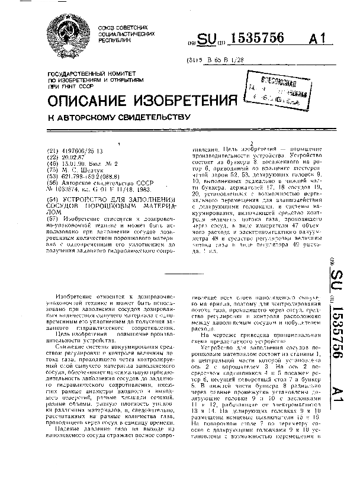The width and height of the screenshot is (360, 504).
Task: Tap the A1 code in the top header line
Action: pyautogui.click(x=317, y=39)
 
